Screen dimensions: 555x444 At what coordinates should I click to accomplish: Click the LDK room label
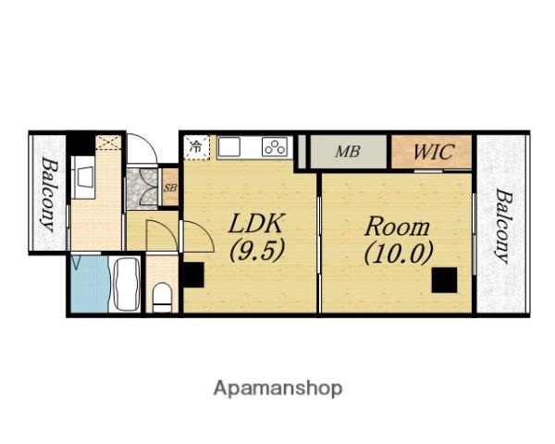click(256, 224)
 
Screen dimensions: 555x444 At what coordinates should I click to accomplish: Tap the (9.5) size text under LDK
click(257, 251)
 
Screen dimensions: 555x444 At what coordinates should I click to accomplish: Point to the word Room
click(397, 227)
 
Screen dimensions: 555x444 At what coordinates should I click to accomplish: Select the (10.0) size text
click(399, 253)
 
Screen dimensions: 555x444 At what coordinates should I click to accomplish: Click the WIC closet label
click(434, 152)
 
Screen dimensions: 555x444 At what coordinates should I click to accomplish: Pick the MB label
click(348, 152)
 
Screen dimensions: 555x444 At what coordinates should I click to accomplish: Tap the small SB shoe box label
click(170, 188)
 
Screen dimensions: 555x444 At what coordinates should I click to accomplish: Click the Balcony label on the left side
click(49, 194)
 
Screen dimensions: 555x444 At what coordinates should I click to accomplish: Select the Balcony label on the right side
click(503, 227)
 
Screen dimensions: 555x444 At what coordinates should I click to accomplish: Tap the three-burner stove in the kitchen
click(275, 147)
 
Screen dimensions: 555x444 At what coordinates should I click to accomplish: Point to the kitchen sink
click(229, 147)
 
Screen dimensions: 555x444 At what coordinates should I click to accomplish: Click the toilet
click(162, 298)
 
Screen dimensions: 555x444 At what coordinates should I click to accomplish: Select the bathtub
click(125, 284)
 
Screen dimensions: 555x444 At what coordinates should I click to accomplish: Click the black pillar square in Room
click(444, 280)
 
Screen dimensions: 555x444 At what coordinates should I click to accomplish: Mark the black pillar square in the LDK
click(191, 275)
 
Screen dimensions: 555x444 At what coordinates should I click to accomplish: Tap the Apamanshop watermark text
click(277, 388)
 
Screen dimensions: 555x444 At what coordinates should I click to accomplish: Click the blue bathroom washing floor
click(91, 284)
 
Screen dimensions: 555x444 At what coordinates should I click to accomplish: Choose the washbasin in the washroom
click(84, 177)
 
